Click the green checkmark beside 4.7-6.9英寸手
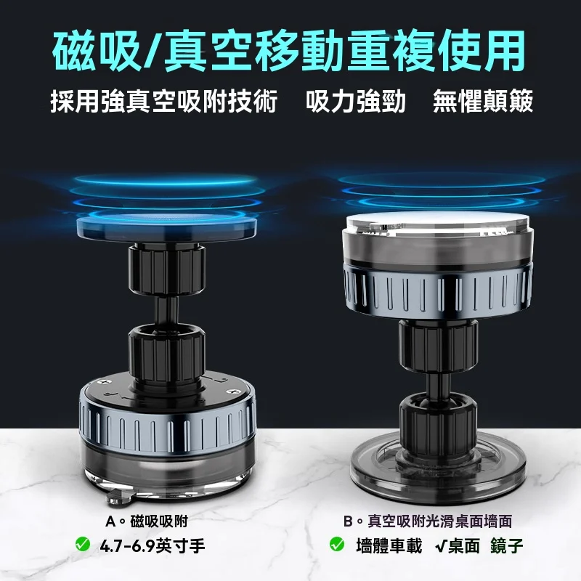82,544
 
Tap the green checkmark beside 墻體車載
336,544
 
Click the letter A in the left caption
110,521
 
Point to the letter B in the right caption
348,521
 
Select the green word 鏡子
506,546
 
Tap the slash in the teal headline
153,52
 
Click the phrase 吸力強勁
356,101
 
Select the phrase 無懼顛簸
483,101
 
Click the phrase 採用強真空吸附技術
164,101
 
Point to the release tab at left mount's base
120,497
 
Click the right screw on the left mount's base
233,391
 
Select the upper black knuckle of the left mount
167,269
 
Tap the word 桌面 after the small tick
464,546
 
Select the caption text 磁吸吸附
160,521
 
